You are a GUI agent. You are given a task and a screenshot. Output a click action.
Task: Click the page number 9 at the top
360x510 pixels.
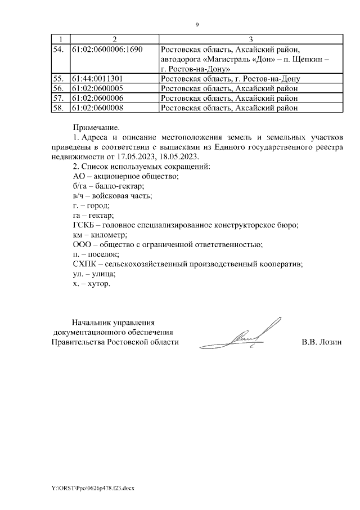197,25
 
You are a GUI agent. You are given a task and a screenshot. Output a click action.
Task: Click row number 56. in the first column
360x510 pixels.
58,88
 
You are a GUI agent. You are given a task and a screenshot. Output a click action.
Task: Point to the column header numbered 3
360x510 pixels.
250,39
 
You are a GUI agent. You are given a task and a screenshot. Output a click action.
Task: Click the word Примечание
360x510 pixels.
97,128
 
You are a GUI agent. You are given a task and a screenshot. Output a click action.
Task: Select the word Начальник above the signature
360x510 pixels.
91,323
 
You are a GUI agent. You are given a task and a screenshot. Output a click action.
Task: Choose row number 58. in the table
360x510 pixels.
58,108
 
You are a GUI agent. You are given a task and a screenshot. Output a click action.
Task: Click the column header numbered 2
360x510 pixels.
115,39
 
